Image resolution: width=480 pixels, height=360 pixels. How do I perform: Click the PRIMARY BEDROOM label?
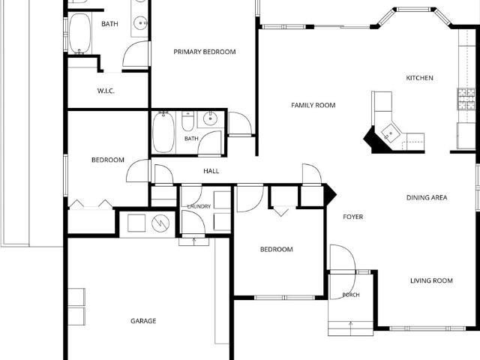click(x=205, y=52)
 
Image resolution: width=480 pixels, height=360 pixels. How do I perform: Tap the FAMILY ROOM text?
click(x=313, y=105)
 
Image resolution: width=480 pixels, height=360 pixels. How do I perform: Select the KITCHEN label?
click(x=419, y=78)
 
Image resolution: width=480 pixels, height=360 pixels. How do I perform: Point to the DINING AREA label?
click(x=427, y=197)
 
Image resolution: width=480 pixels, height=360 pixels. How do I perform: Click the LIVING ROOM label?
click(x=431, y=280)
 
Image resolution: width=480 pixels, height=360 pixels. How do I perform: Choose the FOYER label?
click(x=353, y=217)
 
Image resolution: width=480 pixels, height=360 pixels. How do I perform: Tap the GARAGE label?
click(x=143, y=321)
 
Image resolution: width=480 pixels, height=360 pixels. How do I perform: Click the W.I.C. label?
click(x=106, y=91)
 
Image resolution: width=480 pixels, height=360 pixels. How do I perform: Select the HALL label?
click(x=211, y=171)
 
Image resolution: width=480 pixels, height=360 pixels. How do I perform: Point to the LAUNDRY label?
click(x=199, y=207)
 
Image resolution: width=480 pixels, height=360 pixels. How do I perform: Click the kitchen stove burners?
click(x=466, y=99)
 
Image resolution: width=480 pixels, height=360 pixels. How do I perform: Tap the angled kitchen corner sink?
click(x=391, y=133)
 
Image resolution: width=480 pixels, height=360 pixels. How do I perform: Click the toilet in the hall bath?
click(x=187, y=121)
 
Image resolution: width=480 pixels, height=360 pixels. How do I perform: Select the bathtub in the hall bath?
click(x=163, y=132)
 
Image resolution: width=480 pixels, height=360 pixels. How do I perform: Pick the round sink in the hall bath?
click(x=210, y=118)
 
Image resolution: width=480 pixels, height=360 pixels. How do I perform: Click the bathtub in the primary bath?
click(x=79, y=33)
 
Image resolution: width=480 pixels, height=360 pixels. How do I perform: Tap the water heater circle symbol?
click(x=160, y=223)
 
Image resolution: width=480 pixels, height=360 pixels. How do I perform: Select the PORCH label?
click(x=351, y=295)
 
